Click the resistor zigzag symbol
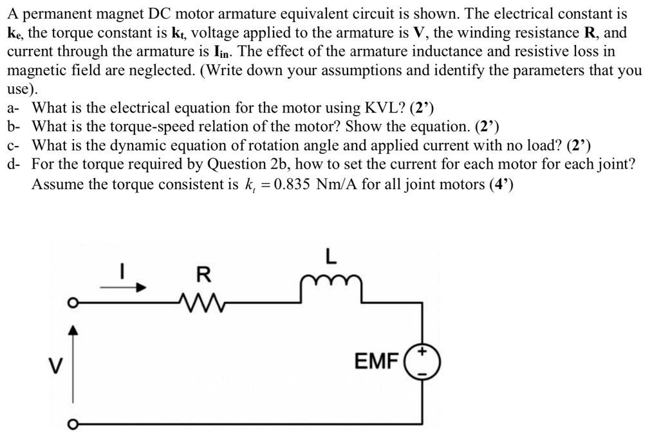[203, 303]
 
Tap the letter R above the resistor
[203, 275]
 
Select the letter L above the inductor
[330, 257]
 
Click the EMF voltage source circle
[422, 361]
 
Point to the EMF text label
[377, 362]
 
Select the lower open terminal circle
[74, 423]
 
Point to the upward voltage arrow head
[74, 331]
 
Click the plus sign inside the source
[423, 353]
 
